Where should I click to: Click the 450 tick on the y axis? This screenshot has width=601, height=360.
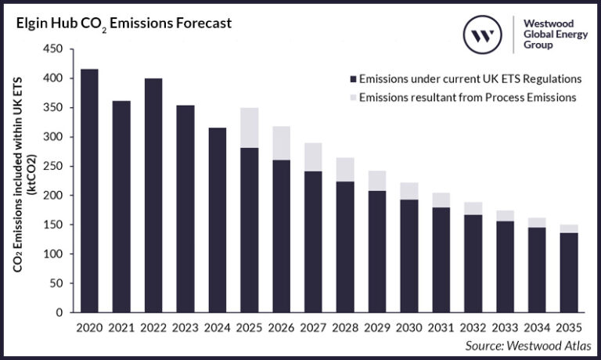(52, 49)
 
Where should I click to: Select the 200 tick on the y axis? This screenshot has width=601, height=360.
(52, 196)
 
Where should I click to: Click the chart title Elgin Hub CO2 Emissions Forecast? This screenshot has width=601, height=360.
(121, 23)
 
